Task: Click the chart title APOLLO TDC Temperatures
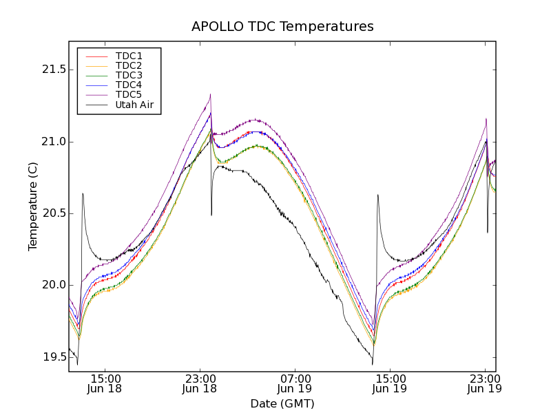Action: pyautogui.click(x=282, y=27)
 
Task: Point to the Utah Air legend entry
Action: pyautogui.click(x=134, y=105)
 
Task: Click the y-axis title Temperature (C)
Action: pyautogui.click(x=32, y=206)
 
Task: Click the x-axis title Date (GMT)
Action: pyautogui.click(x=282, y=403)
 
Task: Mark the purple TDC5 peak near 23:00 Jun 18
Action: pyautogui.click(x=210, y=95)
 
